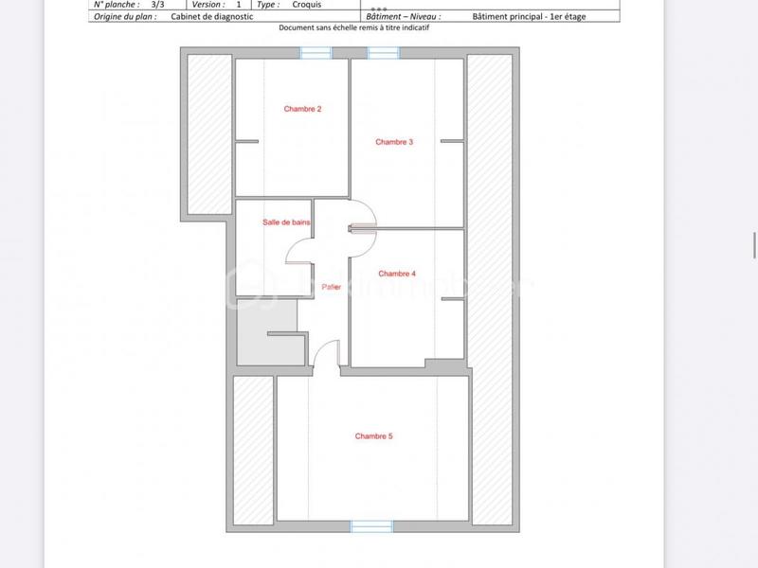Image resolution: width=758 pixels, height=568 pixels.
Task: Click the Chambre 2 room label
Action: point(302,109)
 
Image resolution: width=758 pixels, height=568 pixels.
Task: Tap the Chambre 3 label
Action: point(394,142)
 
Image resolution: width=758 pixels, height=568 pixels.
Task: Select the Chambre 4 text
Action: point(397,274)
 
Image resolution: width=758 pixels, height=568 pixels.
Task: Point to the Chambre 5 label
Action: point(373,436)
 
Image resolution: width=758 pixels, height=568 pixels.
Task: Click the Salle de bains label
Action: point(286,222)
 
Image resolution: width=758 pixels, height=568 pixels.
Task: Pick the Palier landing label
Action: point(331,287)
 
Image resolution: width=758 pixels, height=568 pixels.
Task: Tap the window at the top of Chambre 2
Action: point(316,54)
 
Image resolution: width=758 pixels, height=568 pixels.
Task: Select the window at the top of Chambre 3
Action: point(384,54)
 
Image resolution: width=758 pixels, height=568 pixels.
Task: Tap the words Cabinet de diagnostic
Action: point(212,17)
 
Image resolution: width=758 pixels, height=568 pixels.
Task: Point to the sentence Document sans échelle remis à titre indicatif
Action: point(352,28)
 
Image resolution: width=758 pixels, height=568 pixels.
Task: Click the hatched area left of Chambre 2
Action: point(207,133)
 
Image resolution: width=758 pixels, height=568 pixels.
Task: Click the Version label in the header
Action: point(208,5)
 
